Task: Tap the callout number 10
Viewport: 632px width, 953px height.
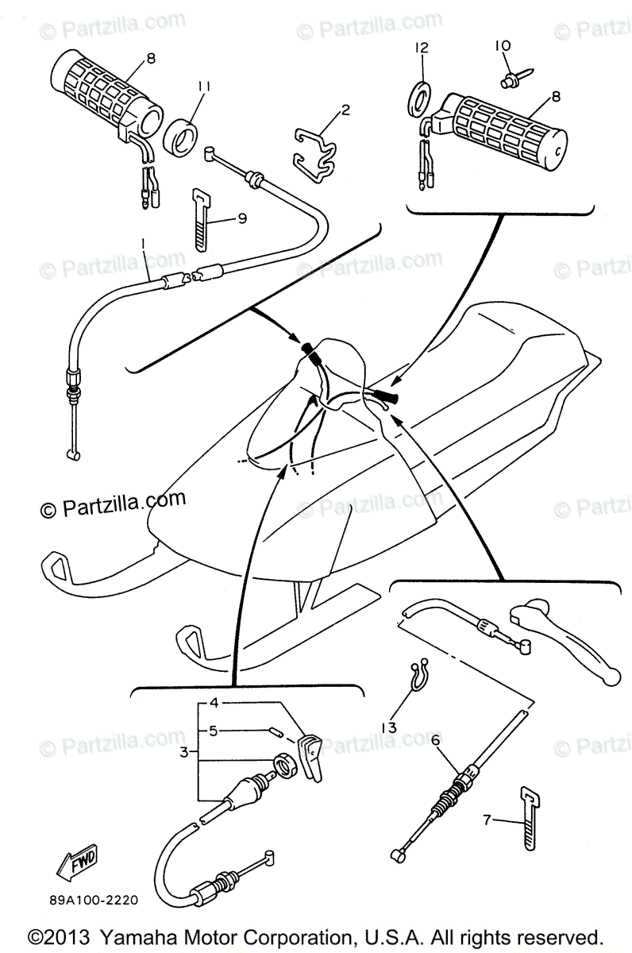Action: [503, 48]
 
